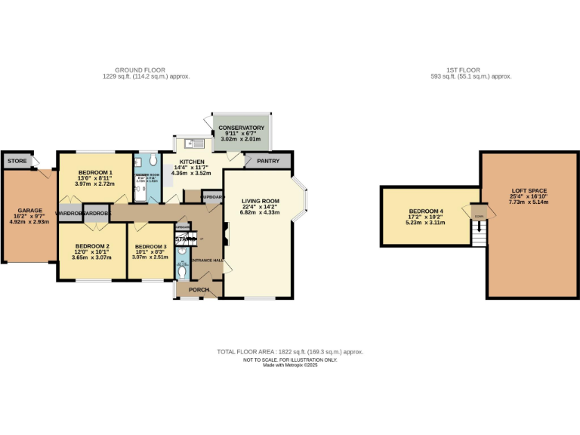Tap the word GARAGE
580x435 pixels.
(x=30, y=211)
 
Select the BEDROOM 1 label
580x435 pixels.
(x=94, y=172)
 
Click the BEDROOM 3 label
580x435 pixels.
(x=150, y=247)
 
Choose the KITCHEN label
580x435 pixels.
(x=190, y=161)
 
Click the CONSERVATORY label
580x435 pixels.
(x=242, y=128)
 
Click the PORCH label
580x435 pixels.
(x=199, y=289)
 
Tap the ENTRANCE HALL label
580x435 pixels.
(x=206, y=261)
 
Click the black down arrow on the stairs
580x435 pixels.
(x=477, y=224)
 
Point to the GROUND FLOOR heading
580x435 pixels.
(x=147, y=70)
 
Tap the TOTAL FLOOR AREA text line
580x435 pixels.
(x=290, y=352)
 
